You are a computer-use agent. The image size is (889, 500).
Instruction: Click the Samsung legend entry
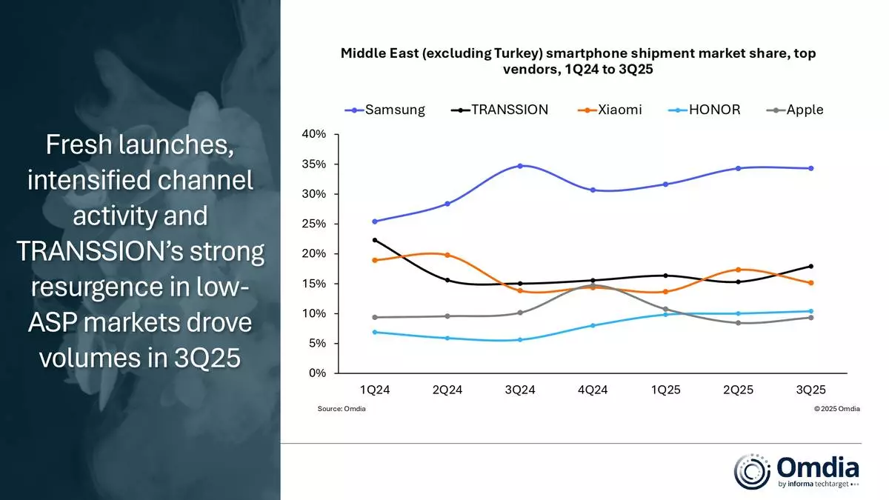385,110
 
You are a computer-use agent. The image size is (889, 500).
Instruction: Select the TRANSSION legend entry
500,110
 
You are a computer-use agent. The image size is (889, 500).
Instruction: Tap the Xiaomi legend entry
610,110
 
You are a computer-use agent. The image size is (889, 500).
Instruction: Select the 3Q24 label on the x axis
519,390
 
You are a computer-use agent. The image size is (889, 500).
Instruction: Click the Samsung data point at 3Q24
519,166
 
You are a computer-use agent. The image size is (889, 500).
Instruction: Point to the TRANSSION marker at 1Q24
375,240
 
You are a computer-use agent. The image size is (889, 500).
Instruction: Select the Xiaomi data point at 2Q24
447,255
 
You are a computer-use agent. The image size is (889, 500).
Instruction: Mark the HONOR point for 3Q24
519,340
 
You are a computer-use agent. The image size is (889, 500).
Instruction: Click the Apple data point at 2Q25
738,323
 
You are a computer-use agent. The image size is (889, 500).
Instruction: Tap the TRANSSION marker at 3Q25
810,266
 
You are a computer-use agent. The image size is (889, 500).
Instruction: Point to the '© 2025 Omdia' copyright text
836,409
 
